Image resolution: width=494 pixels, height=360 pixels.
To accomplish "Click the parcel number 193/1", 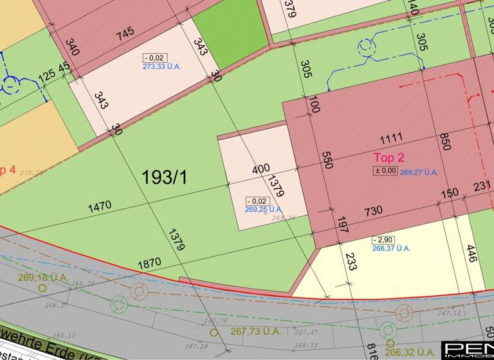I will click(165, 177).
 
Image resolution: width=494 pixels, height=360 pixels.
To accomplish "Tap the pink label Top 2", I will click(389, 157).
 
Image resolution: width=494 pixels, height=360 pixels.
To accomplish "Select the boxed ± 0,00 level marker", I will click(386, 170).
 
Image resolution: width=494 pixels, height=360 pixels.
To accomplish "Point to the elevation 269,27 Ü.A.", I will click(419, 172).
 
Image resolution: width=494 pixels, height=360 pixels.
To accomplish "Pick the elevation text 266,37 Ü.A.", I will click(390, 248).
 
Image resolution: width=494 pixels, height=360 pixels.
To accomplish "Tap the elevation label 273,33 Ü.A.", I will click(162, 66).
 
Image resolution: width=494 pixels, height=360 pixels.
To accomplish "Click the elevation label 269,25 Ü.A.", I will click(264, 209).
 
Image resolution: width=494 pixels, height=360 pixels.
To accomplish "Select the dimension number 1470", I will click(100, 206).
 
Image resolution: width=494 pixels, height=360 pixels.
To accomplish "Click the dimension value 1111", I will click(390, 138).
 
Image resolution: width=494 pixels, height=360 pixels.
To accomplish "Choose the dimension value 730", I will click(373, 210).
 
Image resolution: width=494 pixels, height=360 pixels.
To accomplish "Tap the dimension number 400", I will click(261, 169).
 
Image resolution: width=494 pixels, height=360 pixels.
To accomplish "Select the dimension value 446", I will click(471, 254).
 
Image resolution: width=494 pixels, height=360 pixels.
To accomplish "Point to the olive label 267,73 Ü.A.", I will click(255, 331).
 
